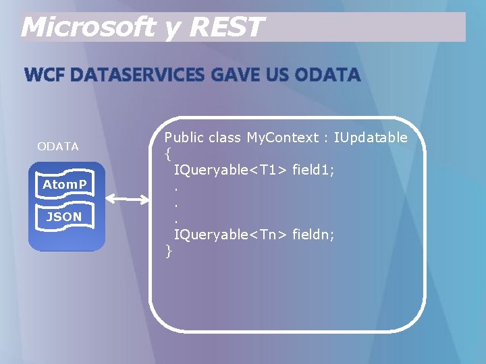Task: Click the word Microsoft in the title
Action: click(88, 28)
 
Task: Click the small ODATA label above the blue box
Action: click(58, 146)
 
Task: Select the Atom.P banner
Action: click(65, 184)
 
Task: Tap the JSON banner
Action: click(64, 216)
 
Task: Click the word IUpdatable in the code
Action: click(371, 138)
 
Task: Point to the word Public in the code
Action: click(184, 138)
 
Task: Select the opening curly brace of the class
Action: click(167, 154)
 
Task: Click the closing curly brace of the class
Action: click(169, 251)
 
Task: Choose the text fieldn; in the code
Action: click(313, 235)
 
